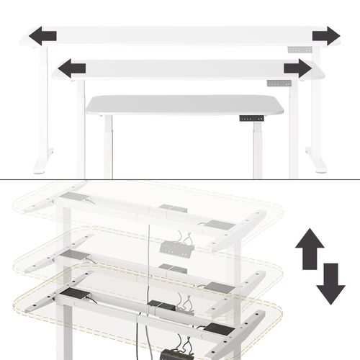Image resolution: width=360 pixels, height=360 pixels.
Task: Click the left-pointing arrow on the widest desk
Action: [x=43, y=34]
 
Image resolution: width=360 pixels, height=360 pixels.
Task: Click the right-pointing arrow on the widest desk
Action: [x=325, y=35]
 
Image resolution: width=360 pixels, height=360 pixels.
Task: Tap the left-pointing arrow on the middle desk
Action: [x=71, y=68]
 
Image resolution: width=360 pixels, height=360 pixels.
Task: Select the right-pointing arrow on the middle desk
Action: [x=297, y=68]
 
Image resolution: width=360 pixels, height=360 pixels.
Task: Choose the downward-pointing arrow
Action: [x=330, y=283]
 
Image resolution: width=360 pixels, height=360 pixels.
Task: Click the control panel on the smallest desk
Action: [x=249, y=117]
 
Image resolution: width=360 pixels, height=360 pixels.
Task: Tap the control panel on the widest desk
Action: [x=300, y=50]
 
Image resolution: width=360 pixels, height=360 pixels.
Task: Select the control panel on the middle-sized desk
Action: [x=282, y=82]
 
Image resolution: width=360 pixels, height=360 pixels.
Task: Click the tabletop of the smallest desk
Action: [x=184, y=104]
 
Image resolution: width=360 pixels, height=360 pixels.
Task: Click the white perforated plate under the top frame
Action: [x=176, y=248]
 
